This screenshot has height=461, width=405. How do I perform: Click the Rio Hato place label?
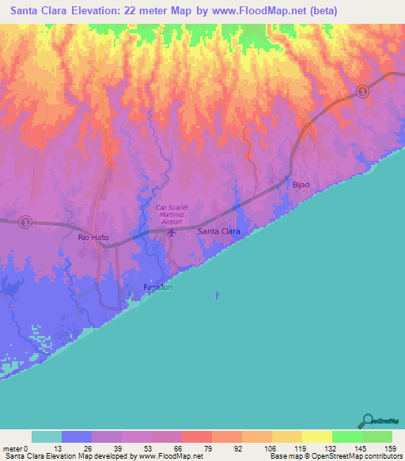pos(93,237)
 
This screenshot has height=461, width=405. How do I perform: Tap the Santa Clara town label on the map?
pos(219,231)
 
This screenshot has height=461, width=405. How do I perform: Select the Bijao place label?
pos(301,184)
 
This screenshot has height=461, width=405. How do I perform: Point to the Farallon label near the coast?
pos(158,287)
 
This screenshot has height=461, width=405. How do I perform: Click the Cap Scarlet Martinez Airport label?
pos(173,215)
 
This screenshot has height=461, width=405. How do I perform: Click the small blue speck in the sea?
pos(218,296)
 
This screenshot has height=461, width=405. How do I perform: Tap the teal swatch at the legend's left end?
pos(47,436)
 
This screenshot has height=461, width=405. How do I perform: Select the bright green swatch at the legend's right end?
pos(377,436)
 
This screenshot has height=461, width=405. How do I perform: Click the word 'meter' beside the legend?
pos(12,448)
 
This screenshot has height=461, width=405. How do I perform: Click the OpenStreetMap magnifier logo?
pos(367,421)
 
